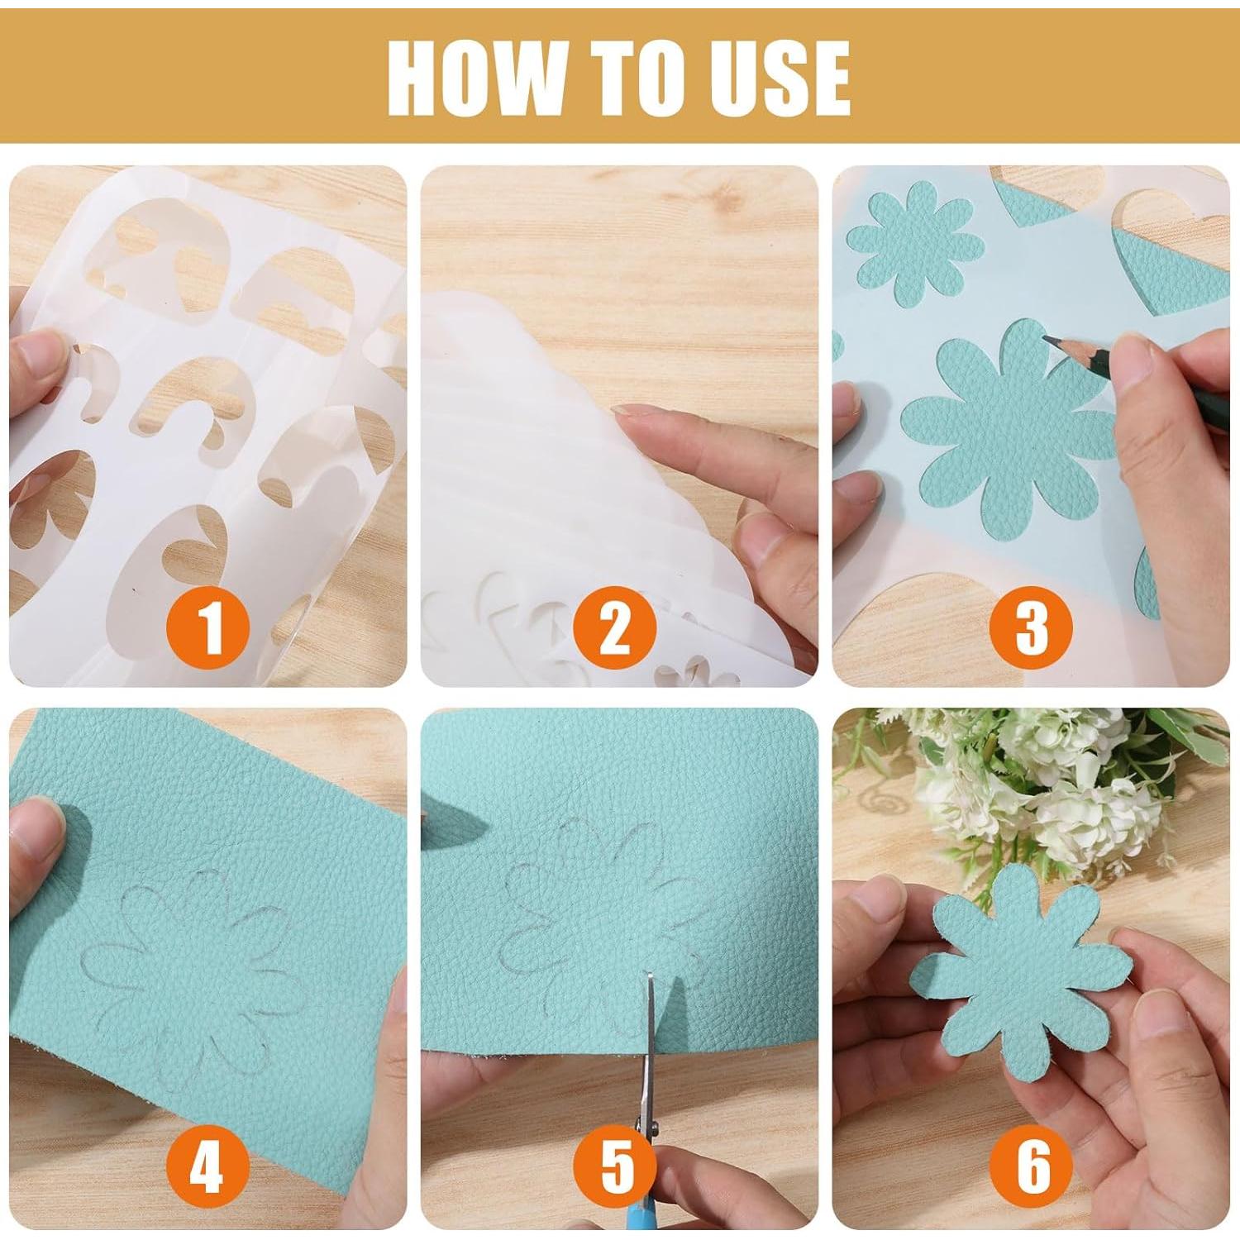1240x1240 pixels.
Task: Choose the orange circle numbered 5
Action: pyautogui.click(x=617, y=1166)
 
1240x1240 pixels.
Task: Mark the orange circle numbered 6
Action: pyautogui.click(x=1032, y=1166)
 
